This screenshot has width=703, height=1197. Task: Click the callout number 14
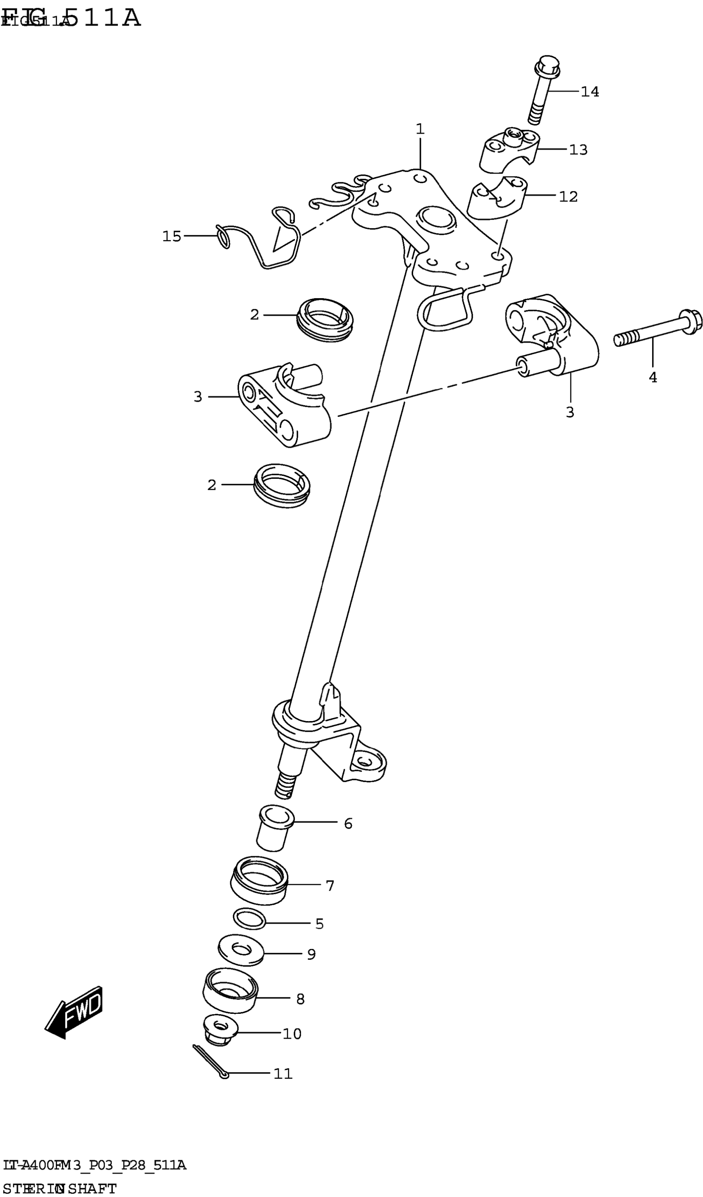(590, 92)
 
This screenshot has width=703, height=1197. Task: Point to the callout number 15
(172, 236)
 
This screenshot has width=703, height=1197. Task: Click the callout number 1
(420, 129)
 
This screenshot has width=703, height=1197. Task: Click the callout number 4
(653, 377)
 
